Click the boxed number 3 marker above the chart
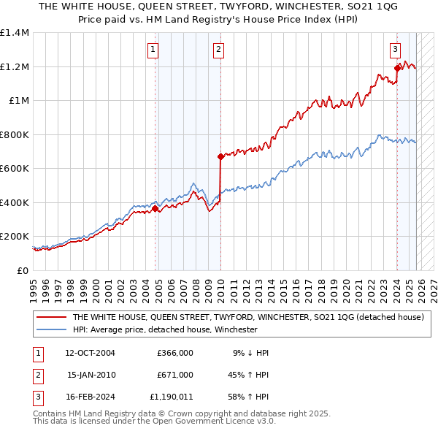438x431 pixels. [x=395, y=50]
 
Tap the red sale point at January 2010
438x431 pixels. [x=220, y=156]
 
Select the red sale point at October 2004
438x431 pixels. [x=155, y=208]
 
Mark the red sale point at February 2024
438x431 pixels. [x=397, y=69]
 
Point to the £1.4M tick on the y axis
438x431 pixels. [x=15, y=33]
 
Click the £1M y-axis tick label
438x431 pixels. [x=19, y=101]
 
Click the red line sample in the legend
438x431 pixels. [x=52, y=317]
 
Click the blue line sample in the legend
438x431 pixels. [x=52, y=329]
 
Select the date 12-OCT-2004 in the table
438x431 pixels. [x=91, y=353]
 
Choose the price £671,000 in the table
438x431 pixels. [x=174, y=375]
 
